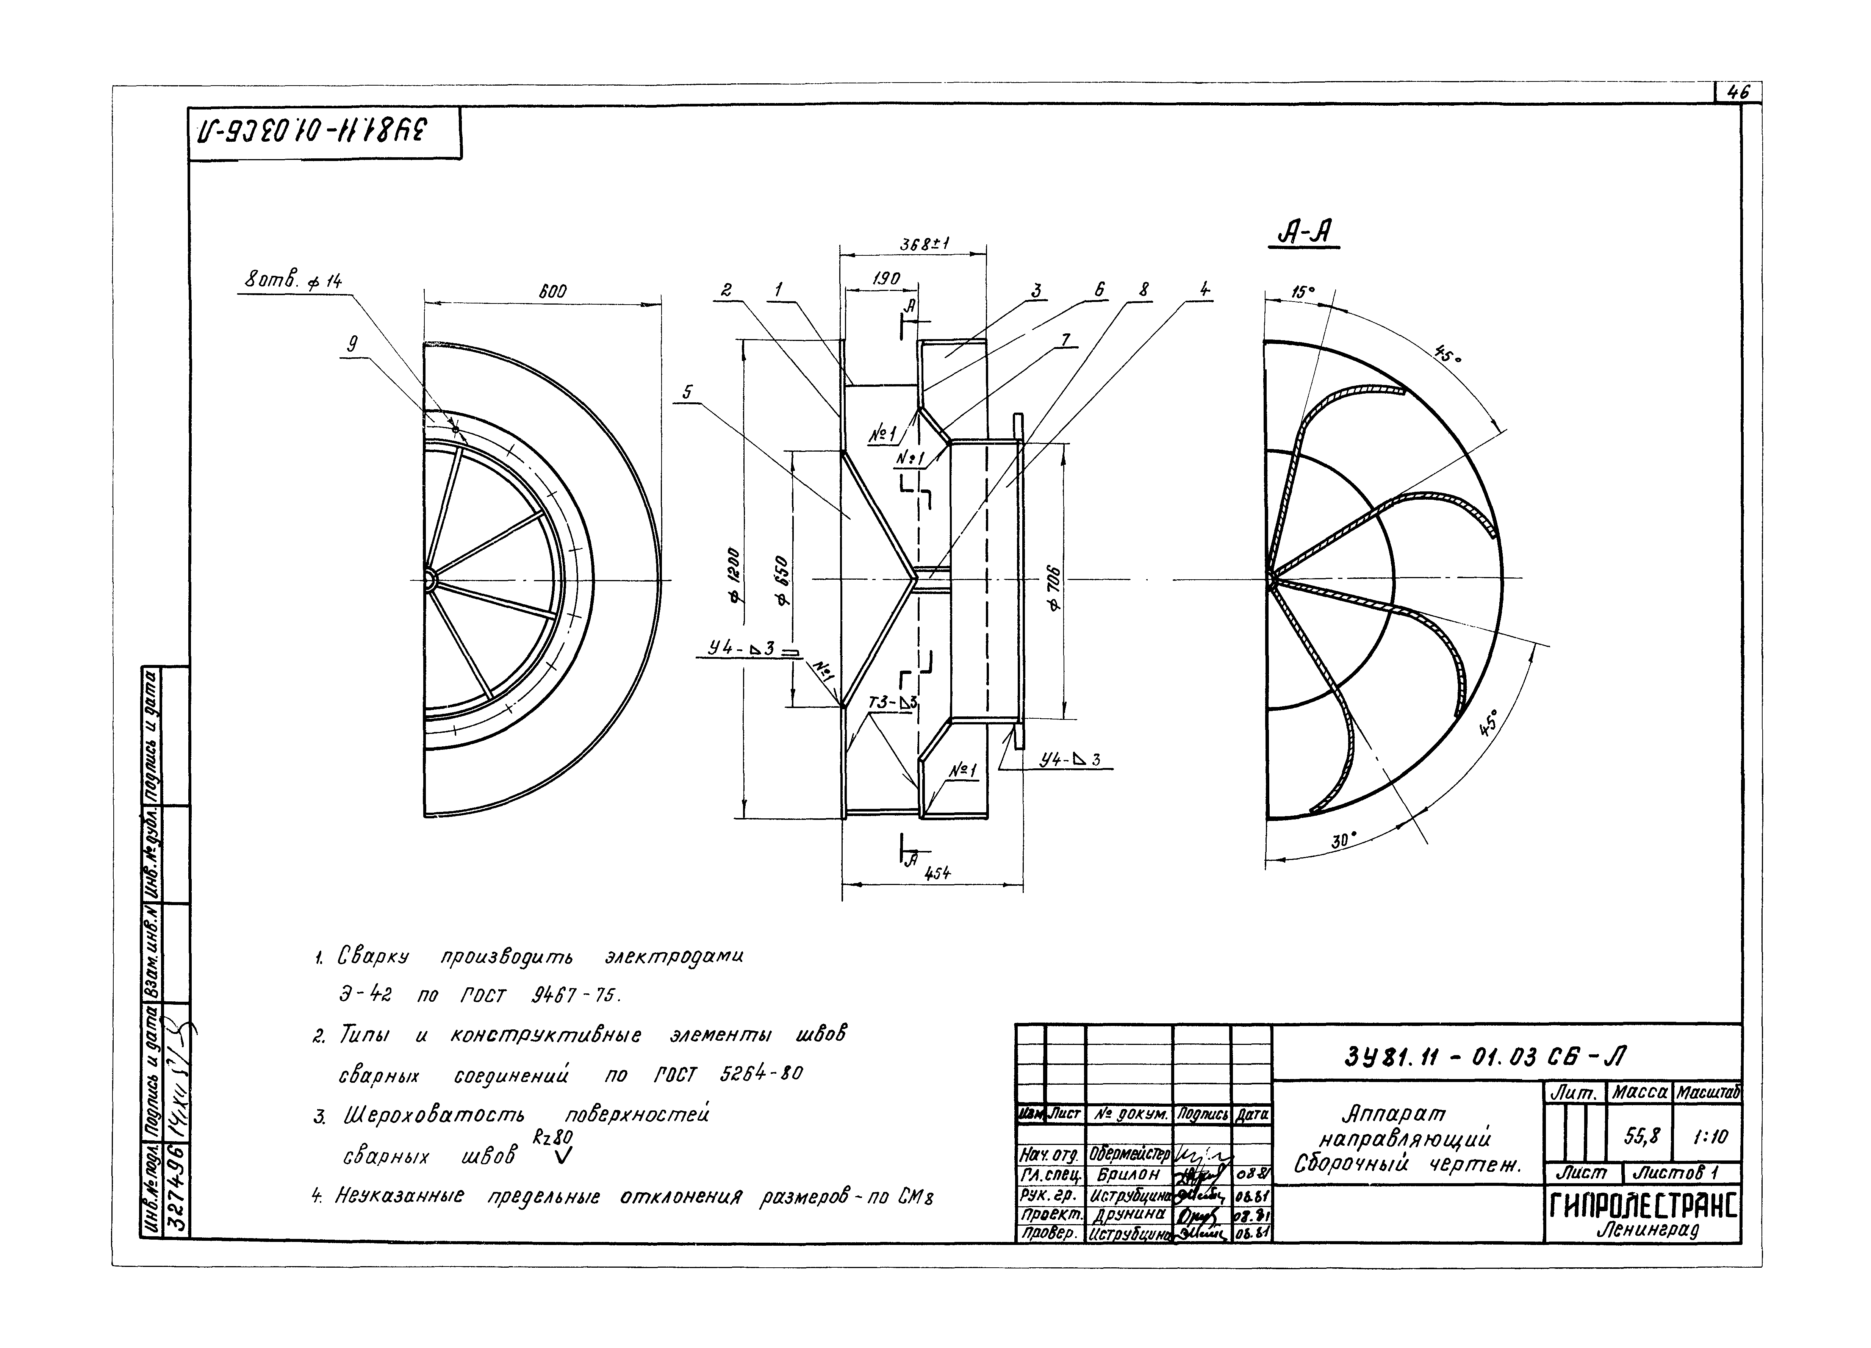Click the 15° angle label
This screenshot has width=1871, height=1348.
[1302, 292]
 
